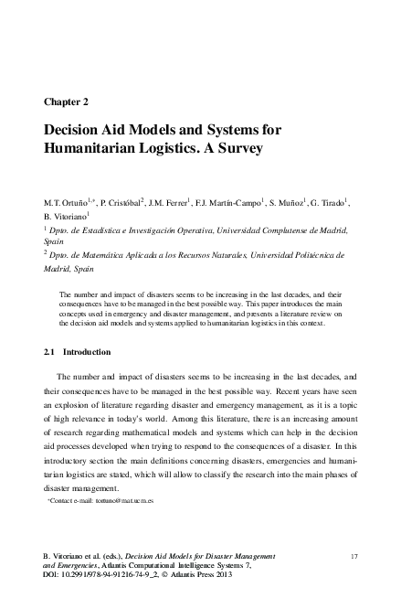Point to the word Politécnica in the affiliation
coord(301,257)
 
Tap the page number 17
coord(354,556)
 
